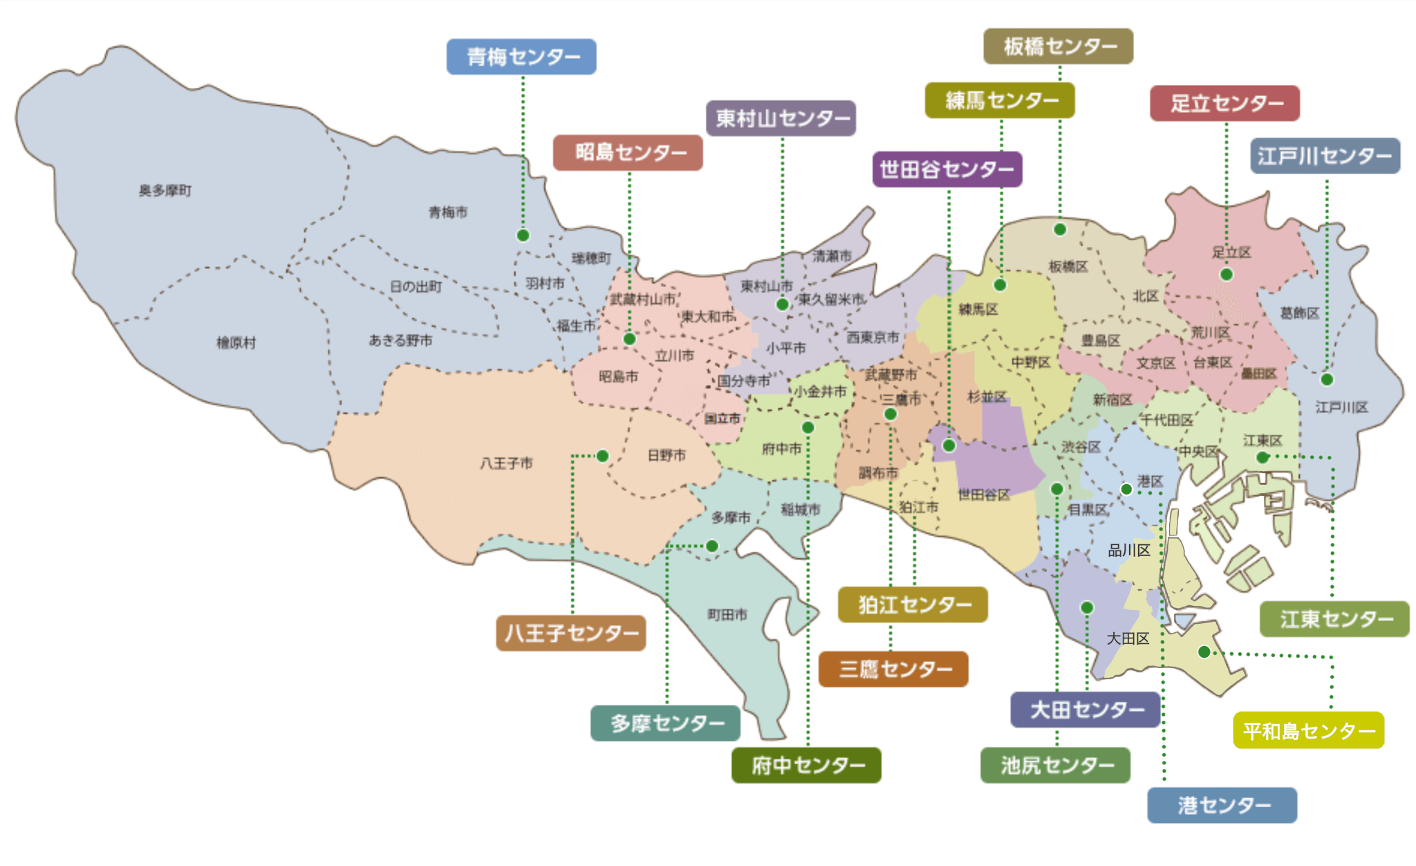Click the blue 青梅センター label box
[x=521, y=57]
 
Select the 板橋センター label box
[x=1058, y=46]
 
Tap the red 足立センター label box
[x=1224, y=103]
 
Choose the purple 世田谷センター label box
[x=947, y=169]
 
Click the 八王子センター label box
[x=570, y=633]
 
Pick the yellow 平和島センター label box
[x=1308, y=730]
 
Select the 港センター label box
[x=1222, y=805]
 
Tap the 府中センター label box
[x=806, y=765]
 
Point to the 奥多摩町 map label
[x=165, y=190]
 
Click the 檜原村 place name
[x=236, y=342]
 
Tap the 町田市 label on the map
[x=727, y=614]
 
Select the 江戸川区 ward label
[x=1341, y=407]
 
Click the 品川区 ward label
[x=1128, y=551]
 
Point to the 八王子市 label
[x=506, y=463]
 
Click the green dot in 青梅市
[x=523, y=235]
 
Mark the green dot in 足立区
[x=1226, y=275]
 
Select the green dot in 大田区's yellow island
[x=1204, y=652]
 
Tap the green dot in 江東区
[x=1262, y=457]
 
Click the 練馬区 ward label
[x=978, y=309]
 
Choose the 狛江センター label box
[x=913, y=605]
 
